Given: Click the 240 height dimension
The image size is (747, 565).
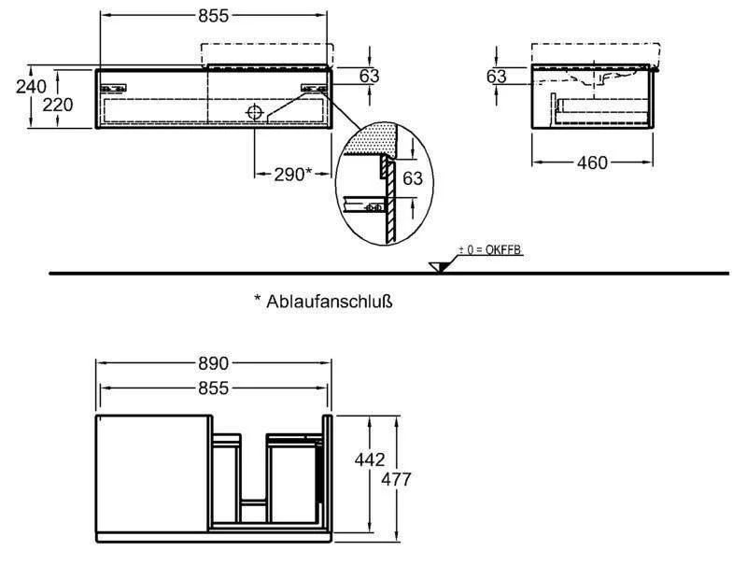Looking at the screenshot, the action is click(31, 87).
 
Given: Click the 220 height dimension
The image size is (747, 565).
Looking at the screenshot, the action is click(58, 105).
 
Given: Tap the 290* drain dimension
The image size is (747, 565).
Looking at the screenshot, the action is click(292, 175).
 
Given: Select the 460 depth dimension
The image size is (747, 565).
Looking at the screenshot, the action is click(592, 162).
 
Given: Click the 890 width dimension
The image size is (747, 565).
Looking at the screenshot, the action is click(213, 363).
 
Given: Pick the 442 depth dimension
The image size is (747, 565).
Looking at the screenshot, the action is click(370, 459).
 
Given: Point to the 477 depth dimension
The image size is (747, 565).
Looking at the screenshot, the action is click(396, 479).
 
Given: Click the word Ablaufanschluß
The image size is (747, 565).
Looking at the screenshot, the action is click(330, 302).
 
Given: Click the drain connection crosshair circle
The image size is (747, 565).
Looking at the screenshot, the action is click(255, 112).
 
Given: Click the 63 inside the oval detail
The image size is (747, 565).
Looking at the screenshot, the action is click(413, 178).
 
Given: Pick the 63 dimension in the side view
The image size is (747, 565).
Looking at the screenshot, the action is click(497, 77).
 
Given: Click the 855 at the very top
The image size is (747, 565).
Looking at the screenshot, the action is click(213, 16).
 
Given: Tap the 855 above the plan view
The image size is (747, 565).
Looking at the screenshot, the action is click(213, 388).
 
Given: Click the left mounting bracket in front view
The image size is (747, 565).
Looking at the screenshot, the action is click(113, 88).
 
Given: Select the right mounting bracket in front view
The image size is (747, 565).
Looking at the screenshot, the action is click(314, 88).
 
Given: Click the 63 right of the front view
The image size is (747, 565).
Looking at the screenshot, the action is click(369, 76).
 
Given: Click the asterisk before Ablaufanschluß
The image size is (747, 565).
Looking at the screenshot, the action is click(258, 298).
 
